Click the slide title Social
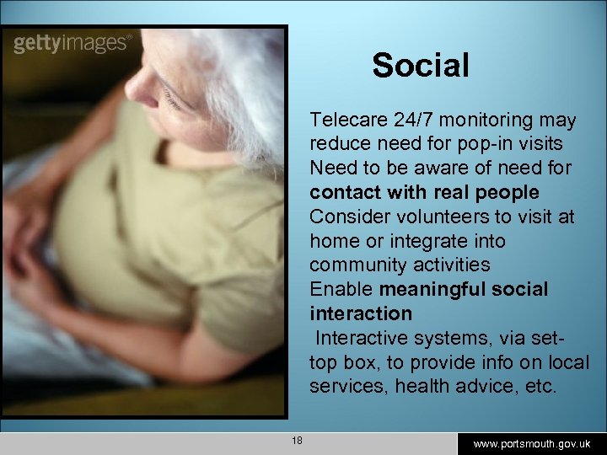click(421, 65)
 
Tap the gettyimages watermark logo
click(73, 43)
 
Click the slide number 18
click(297, 441)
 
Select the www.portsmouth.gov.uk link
click(532, 443)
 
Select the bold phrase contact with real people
click(424, 192)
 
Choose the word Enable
click(342, 289)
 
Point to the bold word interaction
click(361, 313)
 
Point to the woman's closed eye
click(172, 100)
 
